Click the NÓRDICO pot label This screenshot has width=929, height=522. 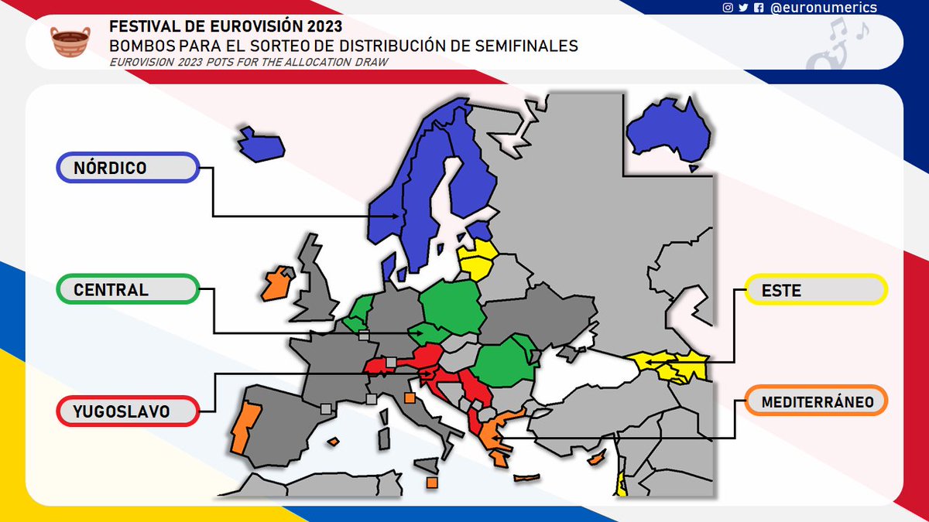[129, 168]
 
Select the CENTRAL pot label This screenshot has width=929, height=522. [129, 290]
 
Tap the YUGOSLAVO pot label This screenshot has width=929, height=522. [129, 411]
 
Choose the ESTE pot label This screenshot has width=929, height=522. [814, 290]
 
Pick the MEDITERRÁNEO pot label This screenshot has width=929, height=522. [814, 401]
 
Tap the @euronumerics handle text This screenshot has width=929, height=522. [824, 8]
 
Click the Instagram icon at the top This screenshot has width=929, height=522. [728, 8]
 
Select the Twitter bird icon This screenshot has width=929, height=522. [743, 8]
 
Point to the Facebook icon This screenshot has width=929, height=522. [759, 8]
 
